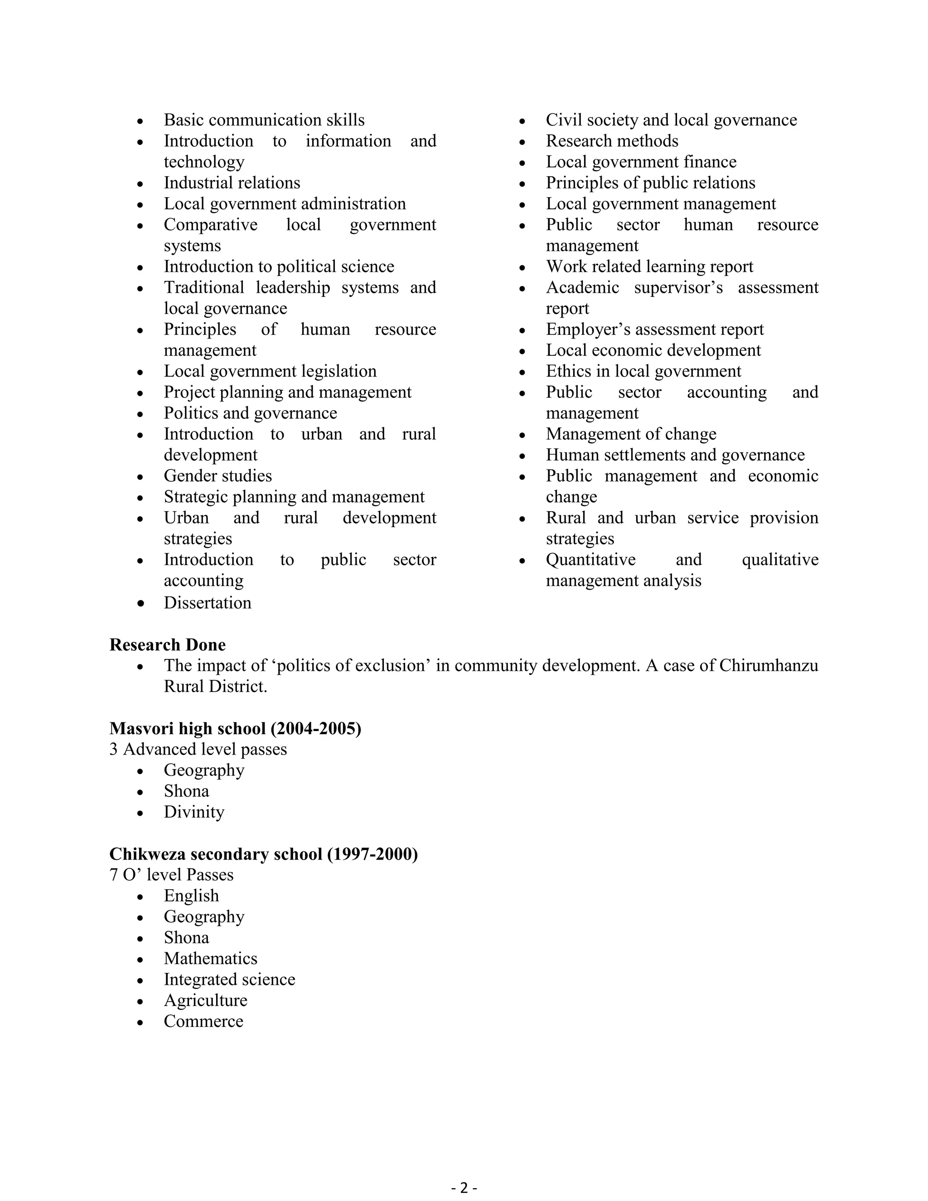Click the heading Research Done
click(167, 644)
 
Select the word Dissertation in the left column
click(207, 603)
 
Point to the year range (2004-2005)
click(315, 729)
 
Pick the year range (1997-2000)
click(372, 854)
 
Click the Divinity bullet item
click(194, 812)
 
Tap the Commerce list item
click(203, 1021)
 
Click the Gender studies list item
click(217, 476)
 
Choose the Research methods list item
click(612, 141)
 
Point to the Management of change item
click(631, 434)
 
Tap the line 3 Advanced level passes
click(198, 750)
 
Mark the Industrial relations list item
click(232, 183)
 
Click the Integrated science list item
click(229, 979)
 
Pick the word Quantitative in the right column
click(590, 560)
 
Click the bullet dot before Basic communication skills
click(141, 121)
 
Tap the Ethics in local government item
click(643, 371)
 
